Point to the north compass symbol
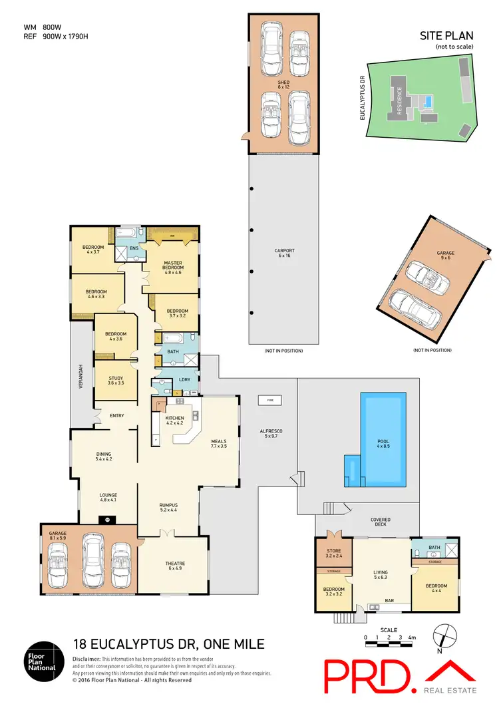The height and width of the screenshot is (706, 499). tap(445, 635)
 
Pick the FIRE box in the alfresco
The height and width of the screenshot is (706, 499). tap(269, 401)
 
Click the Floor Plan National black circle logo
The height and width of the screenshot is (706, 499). tap(43, 661)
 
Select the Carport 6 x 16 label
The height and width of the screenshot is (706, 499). tap(285, 253)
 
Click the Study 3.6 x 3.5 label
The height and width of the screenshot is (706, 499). tap(116, 381)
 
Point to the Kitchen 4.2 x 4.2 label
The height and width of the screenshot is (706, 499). tap(174, 420)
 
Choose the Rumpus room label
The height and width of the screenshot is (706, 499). tap(168, 507)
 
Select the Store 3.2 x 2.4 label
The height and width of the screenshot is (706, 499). tap(333, 552)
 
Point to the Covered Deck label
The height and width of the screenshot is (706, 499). tap(381, 522)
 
